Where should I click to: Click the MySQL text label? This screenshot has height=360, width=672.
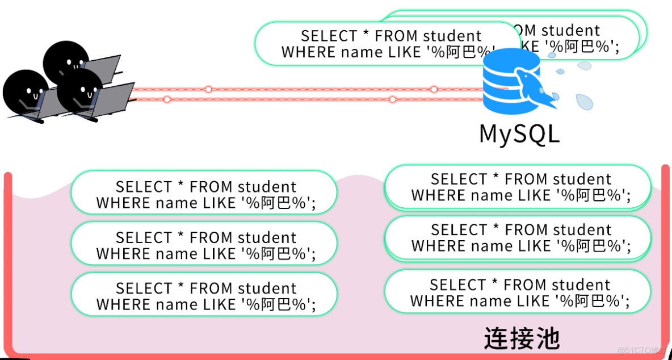click(519, 133)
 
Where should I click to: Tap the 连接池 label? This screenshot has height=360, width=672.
click(522, 338)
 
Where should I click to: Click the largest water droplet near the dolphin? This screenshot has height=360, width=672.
click(584, 102)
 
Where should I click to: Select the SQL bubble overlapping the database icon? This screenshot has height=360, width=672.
click(386, 44)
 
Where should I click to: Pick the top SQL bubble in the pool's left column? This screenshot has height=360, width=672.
click(204, 194)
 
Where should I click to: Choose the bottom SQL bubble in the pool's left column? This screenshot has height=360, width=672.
click(204, 296)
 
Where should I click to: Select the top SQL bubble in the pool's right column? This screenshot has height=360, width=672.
click(517, 187)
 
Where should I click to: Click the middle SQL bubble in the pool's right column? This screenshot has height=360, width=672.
click(517, 238)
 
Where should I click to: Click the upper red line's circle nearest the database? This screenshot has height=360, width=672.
click(434, 89)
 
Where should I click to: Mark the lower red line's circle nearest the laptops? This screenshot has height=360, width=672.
click(167, 99)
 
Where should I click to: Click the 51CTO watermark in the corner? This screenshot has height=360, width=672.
click(641, 350)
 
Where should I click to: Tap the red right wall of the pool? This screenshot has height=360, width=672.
click(665, 256)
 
